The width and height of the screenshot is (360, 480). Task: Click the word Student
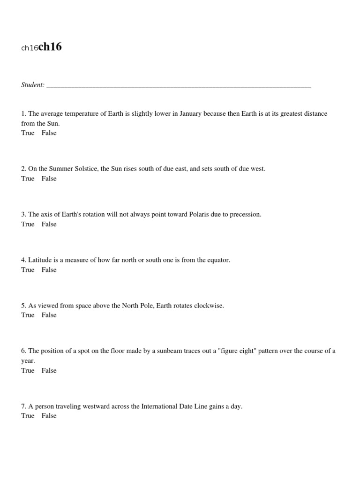(32, 85)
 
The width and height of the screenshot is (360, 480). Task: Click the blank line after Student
(179, 86)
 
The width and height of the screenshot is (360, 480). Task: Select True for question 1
(28, 133)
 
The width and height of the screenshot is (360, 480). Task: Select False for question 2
(49, 179)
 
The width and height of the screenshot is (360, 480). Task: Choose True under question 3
(28, 224)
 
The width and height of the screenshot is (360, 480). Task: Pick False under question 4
(49, 270)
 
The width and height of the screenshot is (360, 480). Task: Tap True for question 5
(28, 315)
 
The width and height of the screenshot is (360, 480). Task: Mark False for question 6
(49, 370)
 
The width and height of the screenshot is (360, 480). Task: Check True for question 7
(28, 416)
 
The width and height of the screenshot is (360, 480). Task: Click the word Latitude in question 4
(39, 260)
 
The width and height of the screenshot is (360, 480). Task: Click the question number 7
(23, 406)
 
